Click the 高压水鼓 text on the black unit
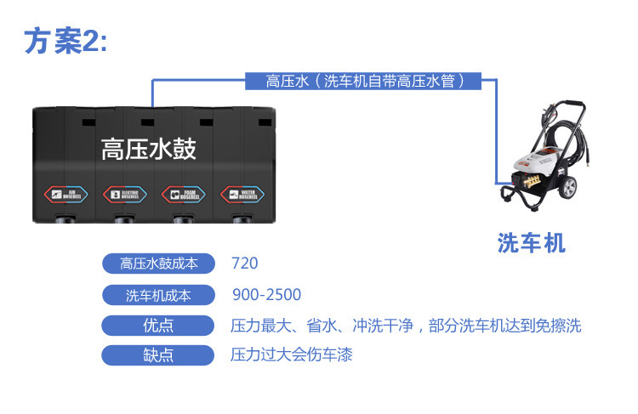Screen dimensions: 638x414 (x=149, y=150)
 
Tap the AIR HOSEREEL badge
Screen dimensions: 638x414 (x=66, y=194)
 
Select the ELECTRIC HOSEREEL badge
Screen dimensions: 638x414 (x=124, y=194)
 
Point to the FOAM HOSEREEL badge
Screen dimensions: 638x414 (x=183, y=194)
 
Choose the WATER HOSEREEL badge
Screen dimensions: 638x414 (x=242, y=194)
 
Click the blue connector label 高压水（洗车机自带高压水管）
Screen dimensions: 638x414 (x=364, y=82)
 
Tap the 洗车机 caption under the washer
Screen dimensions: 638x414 (x=532, y=244)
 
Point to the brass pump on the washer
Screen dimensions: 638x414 (x=525, y=182)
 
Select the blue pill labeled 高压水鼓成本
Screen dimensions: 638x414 (x=159, y=264)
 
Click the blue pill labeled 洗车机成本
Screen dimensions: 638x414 (x=159, y=296)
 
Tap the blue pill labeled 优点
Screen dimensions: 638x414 (x=159, y=326)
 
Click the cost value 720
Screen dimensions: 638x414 (x=244, y=264)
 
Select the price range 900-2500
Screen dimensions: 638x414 (x=266, y=295)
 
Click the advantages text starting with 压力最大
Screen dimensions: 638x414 (x=406, y=326)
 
